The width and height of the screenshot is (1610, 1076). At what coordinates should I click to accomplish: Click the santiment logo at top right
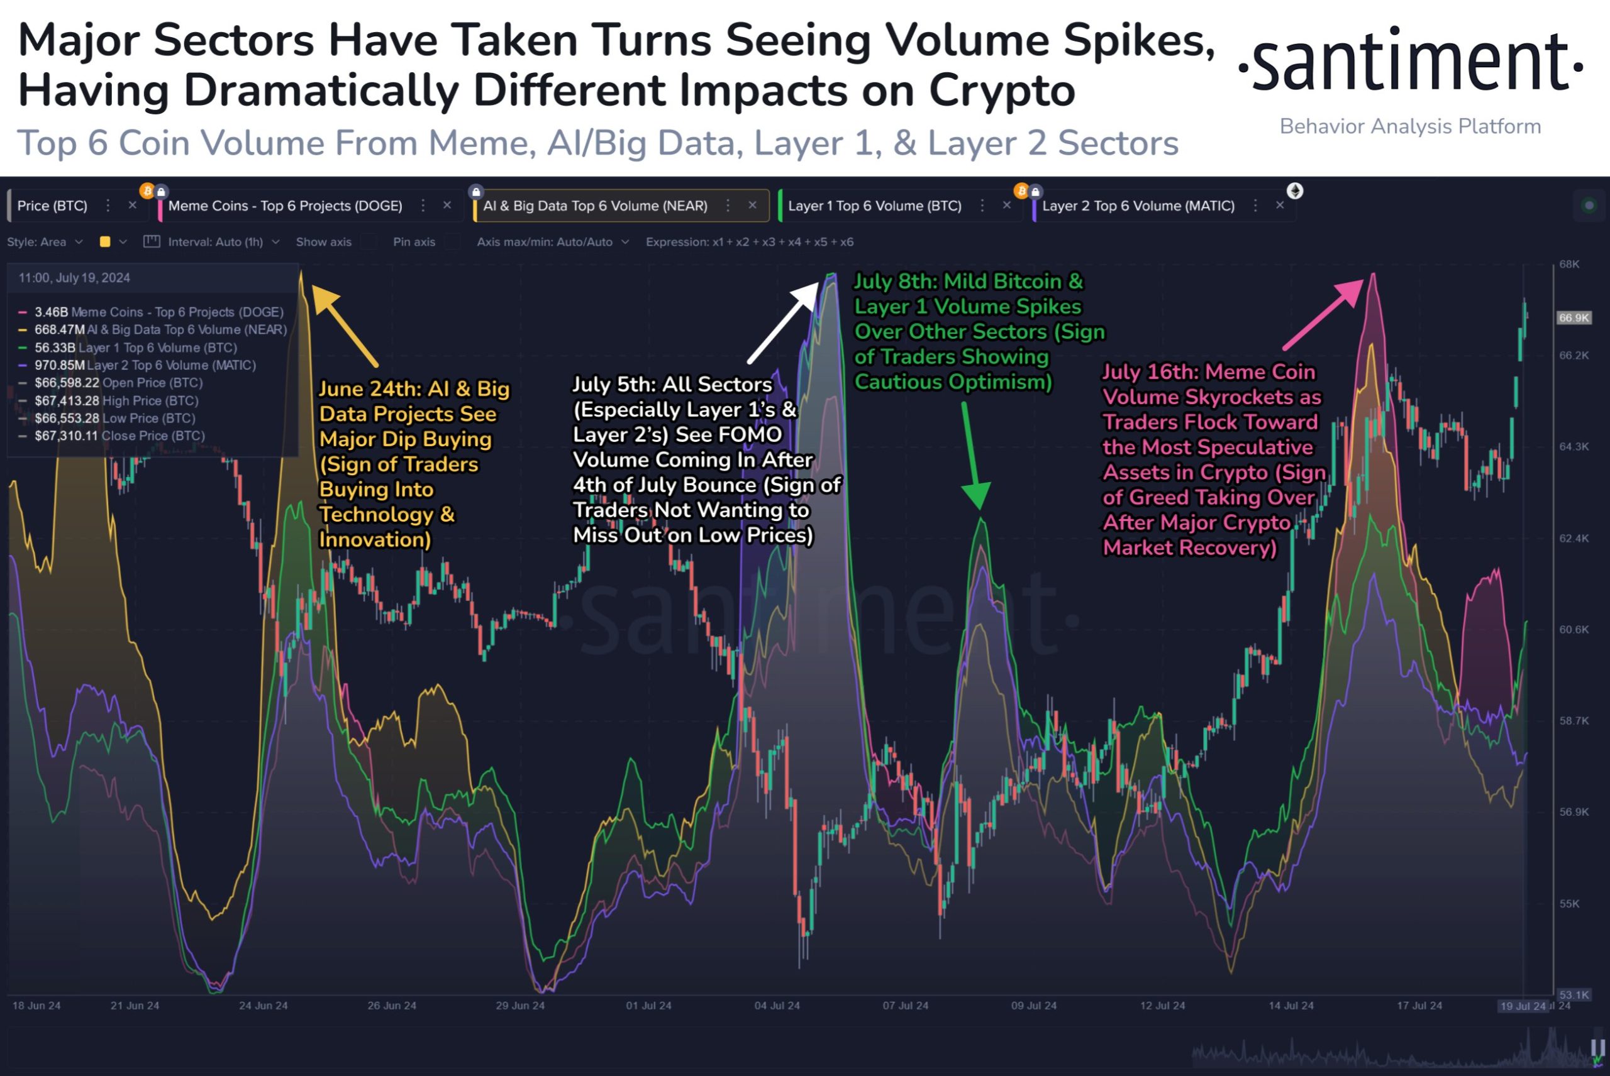tap(1410, 62)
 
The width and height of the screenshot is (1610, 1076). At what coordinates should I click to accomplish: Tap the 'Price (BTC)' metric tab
tap(52, 206)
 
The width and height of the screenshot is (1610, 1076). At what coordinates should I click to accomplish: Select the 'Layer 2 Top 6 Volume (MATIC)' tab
tap(1138, 206)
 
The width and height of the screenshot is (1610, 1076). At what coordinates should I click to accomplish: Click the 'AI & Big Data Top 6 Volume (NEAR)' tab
tap(594, 206)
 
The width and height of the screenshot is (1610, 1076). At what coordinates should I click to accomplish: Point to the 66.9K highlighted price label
tap(1574, 318)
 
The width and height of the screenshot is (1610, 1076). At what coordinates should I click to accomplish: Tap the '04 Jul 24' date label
tap(777, 1006)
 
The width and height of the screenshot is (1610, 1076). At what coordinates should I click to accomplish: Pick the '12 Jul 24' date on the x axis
tap(1162, 1006)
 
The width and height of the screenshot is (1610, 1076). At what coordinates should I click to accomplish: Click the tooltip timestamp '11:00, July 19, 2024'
tap(74, 278)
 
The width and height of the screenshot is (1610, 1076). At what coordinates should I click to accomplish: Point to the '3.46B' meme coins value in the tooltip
tap(52, 312)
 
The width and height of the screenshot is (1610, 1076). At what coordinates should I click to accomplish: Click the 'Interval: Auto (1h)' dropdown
tap(215, 242)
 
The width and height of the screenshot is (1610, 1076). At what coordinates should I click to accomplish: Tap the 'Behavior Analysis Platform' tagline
tap(1410, 127)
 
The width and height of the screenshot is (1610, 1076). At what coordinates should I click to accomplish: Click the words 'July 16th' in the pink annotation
tap(1150, 372)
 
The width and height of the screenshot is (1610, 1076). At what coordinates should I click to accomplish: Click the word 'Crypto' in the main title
tap(1002, 91)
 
